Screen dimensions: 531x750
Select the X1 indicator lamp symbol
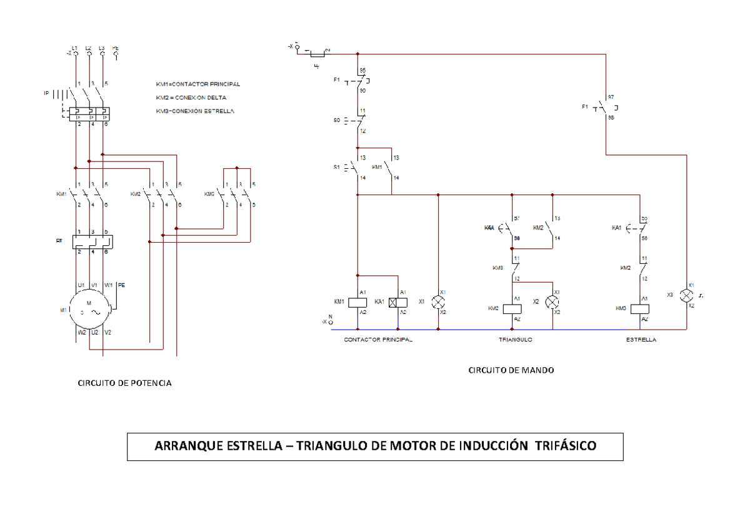tap(438, 301)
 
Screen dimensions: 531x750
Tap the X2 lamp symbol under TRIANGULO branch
tap(552, 301)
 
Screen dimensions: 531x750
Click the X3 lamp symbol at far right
tap(686, 295)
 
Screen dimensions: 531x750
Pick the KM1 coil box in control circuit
tap(357, 301)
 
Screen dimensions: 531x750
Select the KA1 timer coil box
tap(397, 301)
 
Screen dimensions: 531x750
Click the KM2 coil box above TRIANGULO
tap(512, 308)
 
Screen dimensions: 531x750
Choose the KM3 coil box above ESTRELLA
tap(640, 308)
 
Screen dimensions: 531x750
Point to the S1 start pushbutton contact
tap(356, 168)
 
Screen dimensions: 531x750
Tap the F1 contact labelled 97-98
tap(604, 108)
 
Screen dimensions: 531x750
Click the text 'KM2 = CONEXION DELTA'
tap(191, 98)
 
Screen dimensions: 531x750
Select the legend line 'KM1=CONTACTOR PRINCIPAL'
tap(197, 84)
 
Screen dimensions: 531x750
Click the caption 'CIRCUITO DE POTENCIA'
tap(124, 383)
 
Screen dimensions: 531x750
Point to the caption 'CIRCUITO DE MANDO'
tap(511, 370)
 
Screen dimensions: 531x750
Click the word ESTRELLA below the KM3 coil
tap(641, 340)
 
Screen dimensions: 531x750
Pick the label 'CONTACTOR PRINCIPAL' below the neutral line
tap(378, 340)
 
